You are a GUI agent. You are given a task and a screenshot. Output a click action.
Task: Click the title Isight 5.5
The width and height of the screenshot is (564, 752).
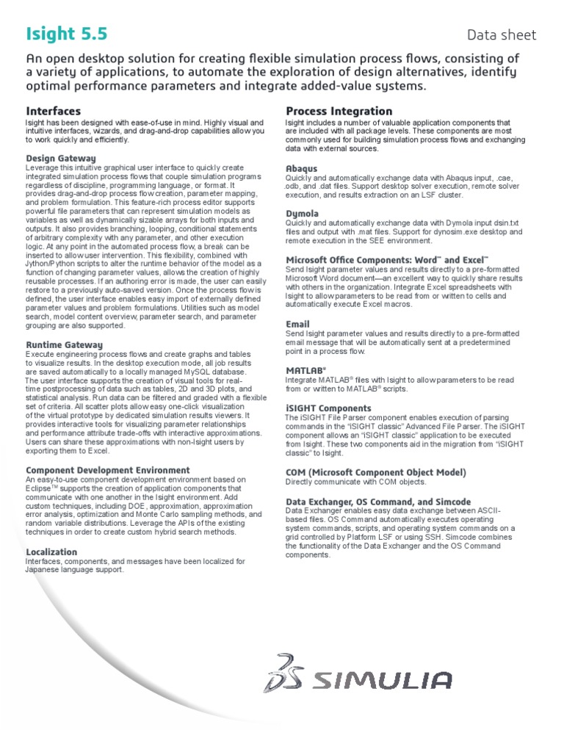click(65, 33)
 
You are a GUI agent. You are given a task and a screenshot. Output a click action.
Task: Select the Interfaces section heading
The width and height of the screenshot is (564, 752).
click(54, 111)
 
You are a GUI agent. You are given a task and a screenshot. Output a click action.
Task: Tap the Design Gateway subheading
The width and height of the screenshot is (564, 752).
click(61, 158)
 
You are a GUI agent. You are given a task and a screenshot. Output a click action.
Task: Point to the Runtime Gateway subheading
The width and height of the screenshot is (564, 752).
click(65, 344)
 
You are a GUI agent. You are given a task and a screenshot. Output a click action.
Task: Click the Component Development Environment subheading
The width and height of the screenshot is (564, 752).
click(108, 470)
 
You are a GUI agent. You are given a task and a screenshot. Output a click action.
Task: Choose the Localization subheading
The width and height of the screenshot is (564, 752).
click(51, 552)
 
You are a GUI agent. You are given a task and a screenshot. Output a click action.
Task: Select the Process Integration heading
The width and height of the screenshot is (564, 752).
click(339, 111)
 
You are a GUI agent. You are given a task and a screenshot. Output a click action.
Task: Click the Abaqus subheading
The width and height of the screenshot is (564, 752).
click(302, 168)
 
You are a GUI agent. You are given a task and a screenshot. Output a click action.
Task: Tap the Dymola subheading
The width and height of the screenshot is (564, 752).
click(303, 214)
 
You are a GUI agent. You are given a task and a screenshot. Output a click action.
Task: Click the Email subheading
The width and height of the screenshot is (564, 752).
click(297, 324)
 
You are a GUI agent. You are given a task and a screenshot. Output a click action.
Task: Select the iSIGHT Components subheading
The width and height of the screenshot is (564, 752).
click(328, 408)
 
